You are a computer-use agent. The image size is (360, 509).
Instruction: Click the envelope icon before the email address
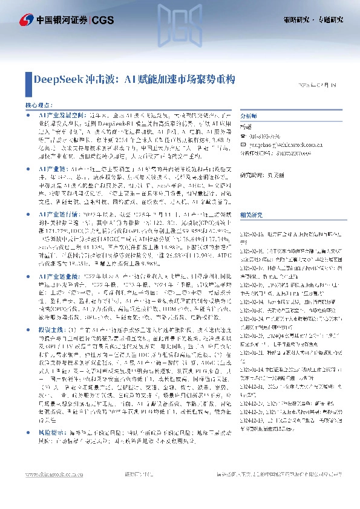click(243, 145)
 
